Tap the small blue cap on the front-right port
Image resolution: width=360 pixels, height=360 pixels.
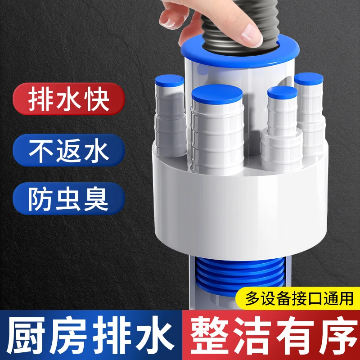[282, 93]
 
